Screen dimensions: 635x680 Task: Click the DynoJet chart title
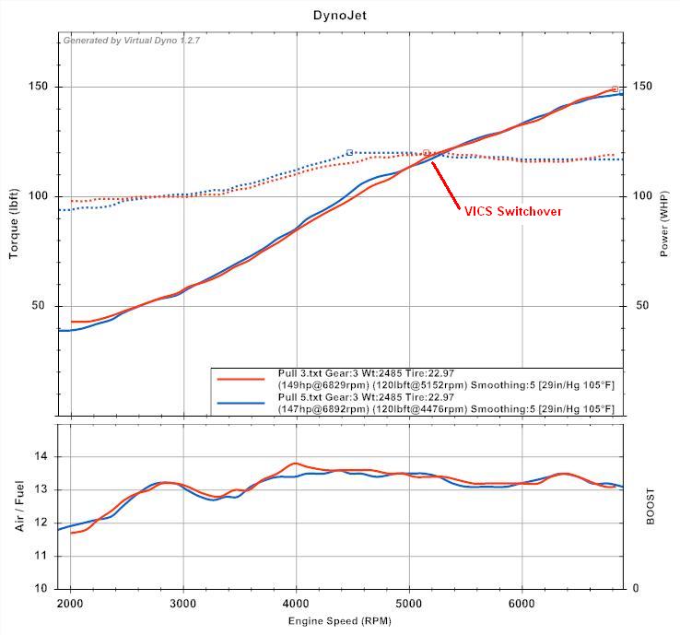click(x=340, y=16)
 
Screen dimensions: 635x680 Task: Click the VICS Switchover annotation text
click(x=512, y=211)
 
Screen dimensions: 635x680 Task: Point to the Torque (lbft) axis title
click(x=14, y=218)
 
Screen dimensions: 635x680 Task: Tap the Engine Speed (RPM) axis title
click(x=340, y=622)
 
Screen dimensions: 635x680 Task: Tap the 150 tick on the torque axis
click(x=37, y=87)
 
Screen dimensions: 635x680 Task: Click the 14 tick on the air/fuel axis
click(x=41, y=457)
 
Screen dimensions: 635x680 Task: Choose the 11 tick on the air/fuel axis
click(x=41, y=556)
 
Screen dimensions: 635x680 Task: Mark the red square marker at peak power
click(x=615, y=89)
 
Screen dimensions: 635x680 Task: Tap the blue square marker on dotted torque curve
click(x=350, y=152)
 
